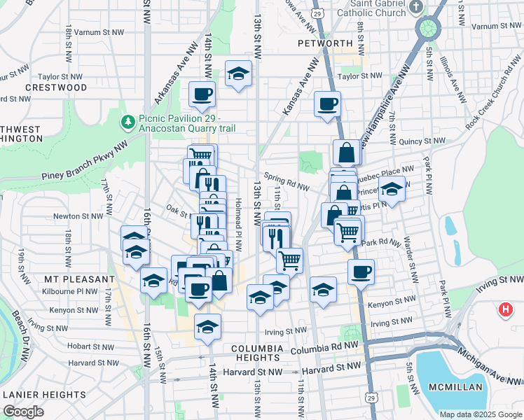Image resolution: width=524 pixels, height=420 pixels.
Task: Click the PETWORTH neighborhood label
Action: coord(324,43)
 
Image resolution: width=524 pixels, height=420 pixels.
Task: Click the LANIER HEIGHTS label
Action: coord(44,395)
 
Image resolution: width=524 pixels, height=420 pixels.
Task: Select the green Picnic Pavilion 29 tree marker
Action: coord(127,122)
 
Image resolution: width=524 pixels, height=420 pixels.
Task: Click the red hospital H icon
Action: coord(505,309)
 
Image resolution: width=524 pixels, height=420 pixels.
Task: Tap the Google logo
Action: coord(23,412)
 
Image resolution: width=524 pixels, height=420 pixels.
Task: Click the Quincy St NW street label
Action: coord(421,141)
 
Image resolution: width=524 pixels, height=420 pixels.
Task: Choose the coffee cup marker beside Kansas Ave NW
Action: coord(327,105)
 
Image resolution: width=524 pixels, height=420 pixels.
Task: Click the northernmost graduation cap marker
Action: coord(238,73)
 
